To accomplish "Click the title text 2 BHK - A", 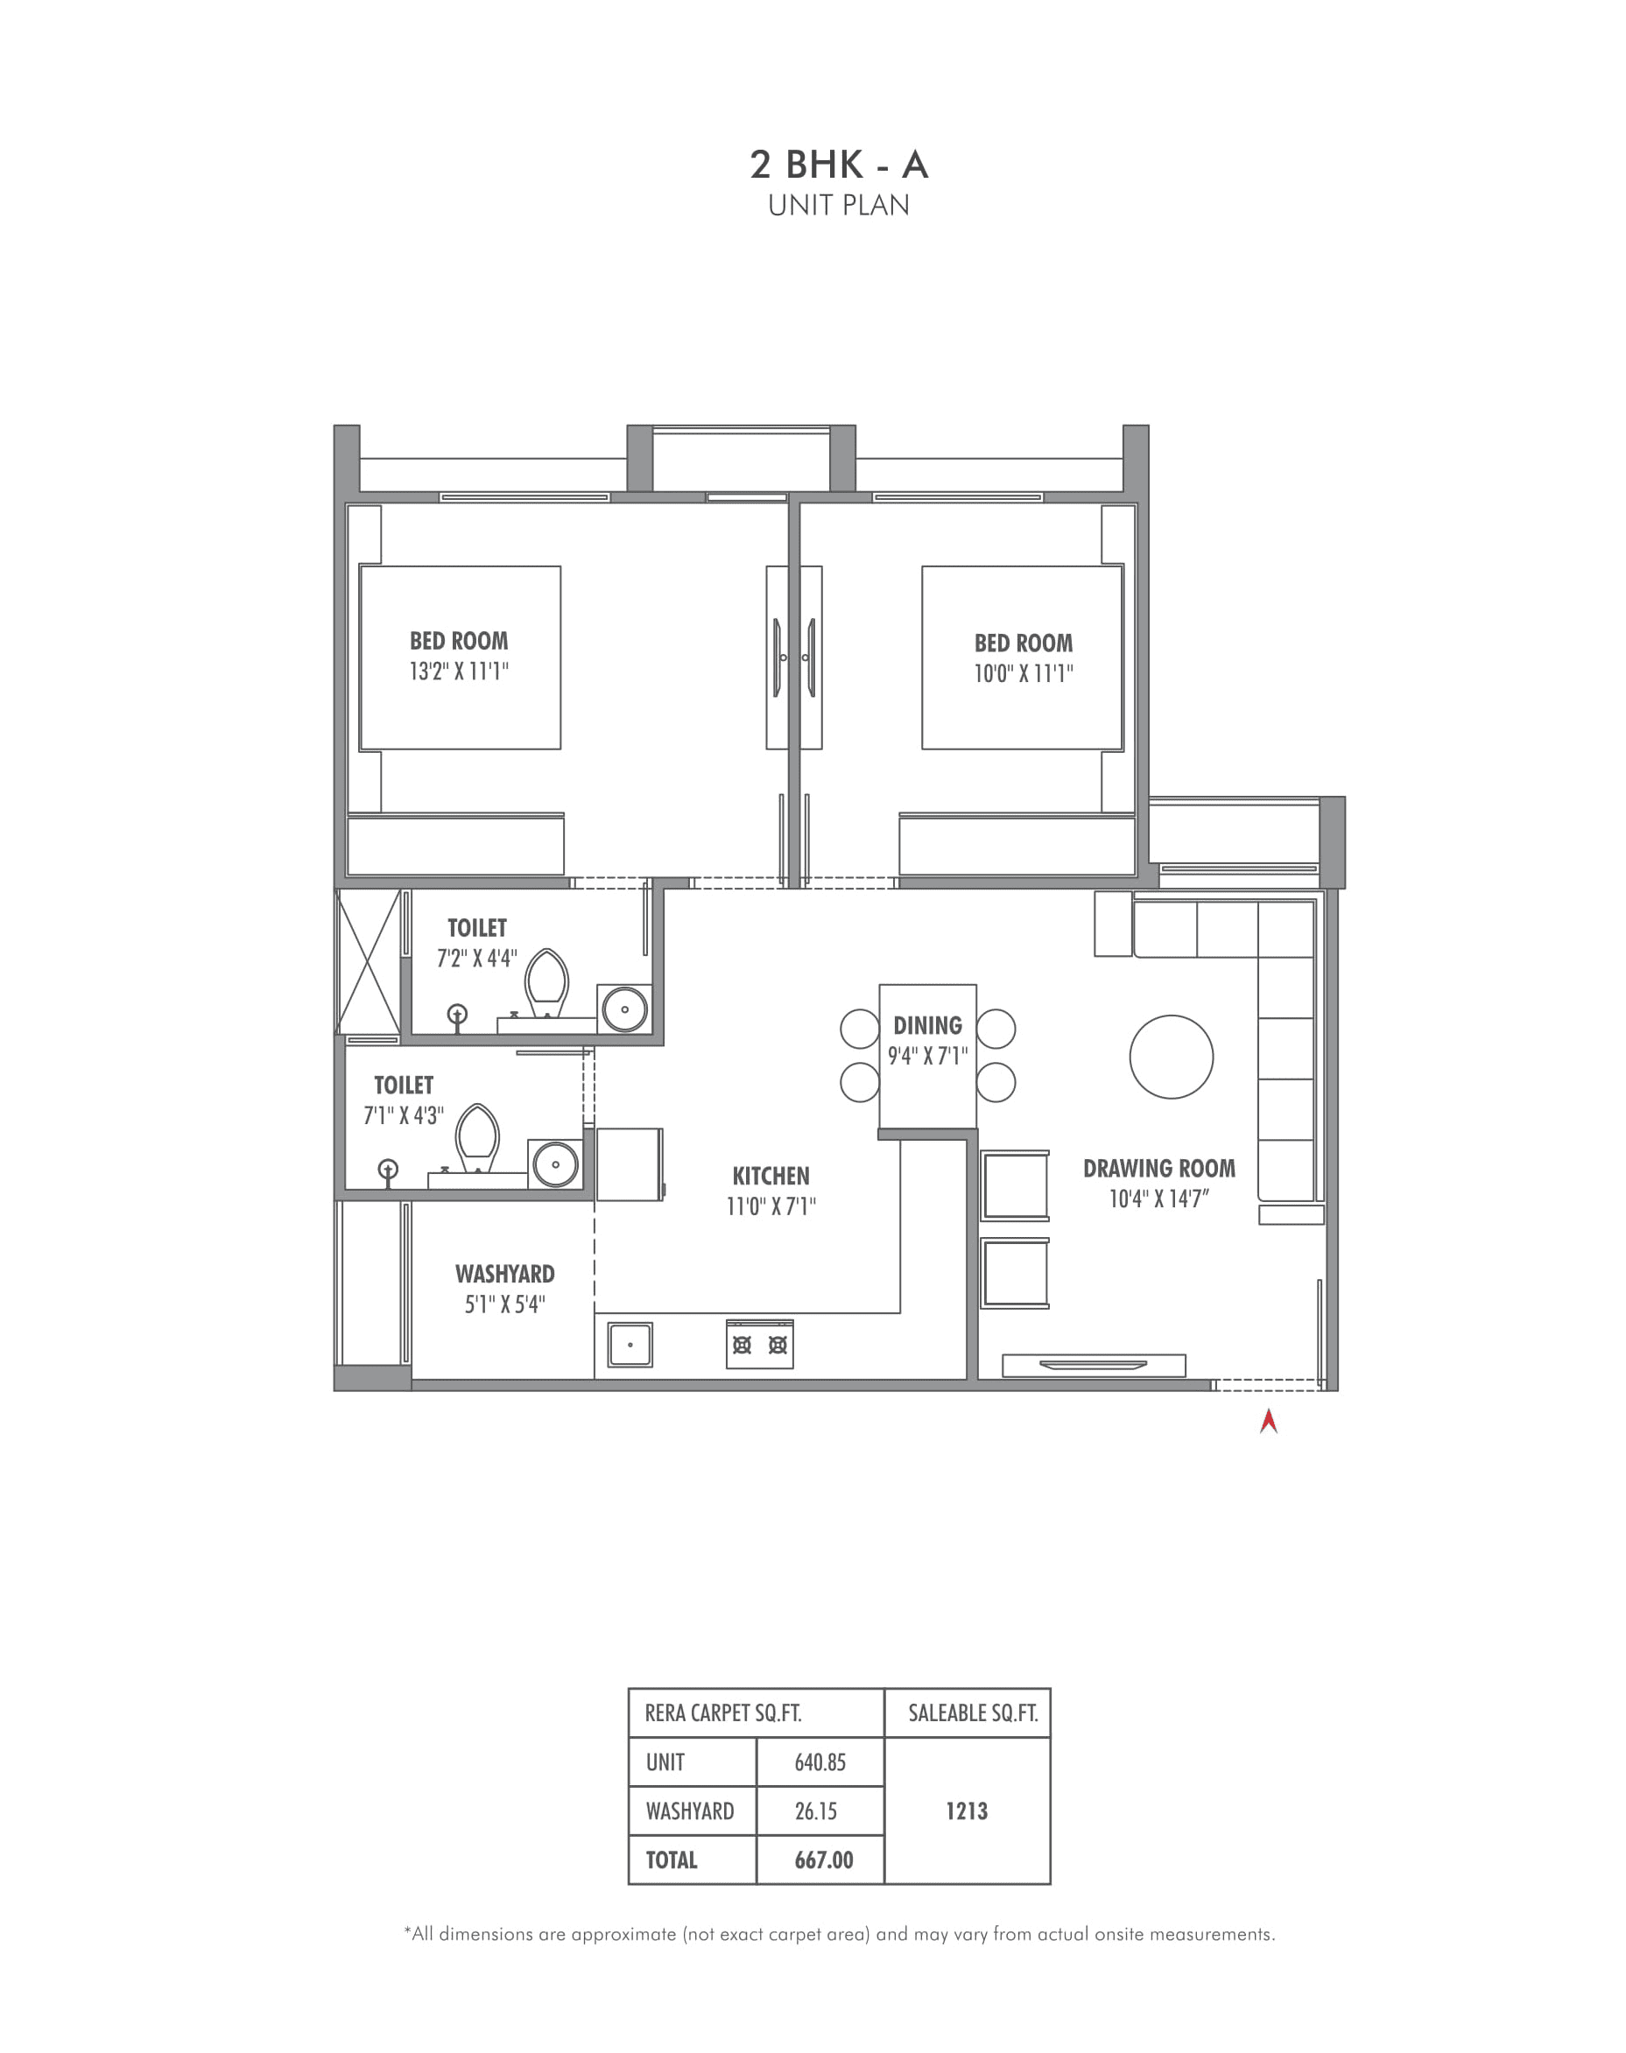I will (x=838, y=165).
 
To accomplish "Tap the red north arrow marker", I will (x=1268, y=1422).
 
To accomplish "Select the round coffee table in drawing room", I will (x=1171, y=1057).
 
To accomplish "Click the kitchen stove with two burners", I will (x=759, y=1345).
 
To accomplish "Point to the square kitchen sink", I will (x=630, y=1345).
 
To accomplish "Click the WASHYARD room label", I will (x=504, y=1274).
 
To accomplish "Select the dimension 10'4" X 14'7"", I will (x=1158, y=1199).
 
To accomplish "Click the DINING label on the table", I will (x=927, y=1025).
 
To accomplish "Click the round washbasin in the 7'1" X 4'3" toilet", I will (x=555, y=1164).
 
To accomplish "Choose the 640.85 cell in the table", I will (x=820, y=1761).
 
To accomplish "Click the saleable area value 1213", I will (x=967, y=1810).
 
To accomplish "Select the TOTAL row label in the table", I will (x=672, y=1859).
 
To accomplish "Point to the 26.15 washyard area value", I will (x=816, y=1810).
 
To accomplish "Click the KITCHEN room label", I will (x=771, y=1176).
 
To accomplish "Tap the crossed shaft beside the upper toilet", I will (x=368, y=961).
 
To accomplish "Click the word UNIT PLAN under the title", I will (x=838, y=206).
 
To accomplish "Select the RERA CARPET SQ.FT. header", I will (x=722, y=1713).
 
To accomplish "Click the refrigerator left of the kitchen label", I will (x=629, y=1164).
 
